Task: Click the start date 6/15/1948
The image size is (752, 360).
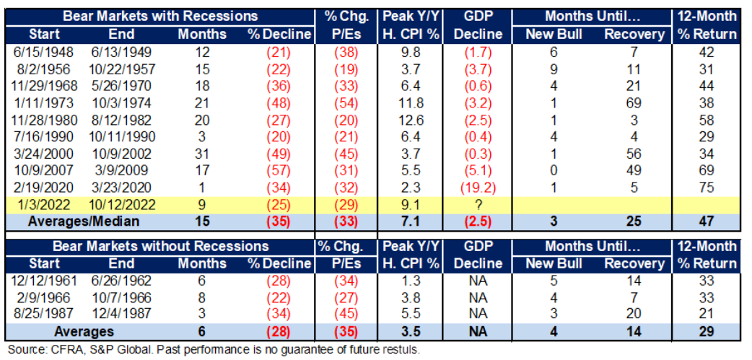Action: click(44, 53)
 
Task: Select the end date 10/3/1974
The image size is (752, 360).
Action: click(121, 102)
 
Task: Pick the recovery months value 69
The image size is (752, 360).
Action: click(634, 102)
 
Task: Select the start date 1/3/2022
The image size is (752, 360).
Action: click(44, 205)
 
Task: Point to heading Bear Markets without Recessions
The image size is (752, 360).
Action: click(160, 247)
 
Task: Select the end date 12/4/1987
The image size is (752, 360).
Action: click(121, 314)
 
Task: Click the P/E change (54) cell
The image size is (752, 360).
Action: click(346, 102)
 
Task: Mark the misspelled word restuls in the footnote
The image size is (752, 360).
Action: click(401, 349)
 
